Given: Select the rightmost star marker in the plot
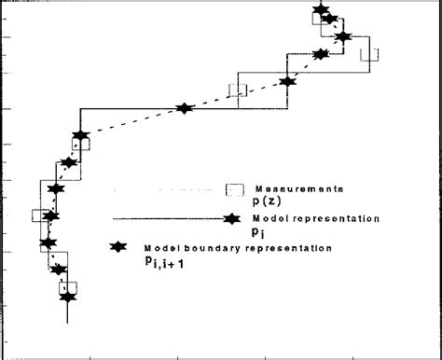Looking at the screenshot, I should pyautogui.click(x=344, y=37).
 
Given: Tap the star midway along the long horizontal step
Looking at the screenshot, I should pyautogui.click(x=184, y=108).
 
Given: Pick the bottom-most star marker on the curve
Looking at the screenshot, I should pyautogui.click(x=67, y=298).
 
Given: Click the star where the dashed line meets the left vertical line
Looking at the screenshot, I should pyautogui.click(x=80, y=136).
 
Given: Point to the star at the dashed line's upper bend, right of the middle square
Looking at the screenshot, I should pyautogui.click(x=287, y=82).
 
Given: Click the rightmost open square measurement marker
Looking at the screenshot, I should pyautogui.click(x=370, y=53).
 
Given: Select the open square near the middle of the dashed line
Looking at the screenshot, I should pyautogui.click(x=239, y=90).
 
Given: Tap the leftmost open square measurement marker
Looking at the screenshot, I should pyautogui.click(x=38, y=215).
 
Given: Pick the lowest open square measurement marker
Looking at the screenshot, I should pyautogui.click(x=71, y=287).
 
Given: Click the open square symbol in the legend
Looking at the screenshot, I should pyautogui.click(x=236, y=189).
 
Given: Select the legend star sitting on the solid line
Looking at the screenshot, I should pyautogui.click(x=228, y=221).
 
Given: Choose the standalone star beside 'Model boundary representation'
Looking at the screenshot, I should pyautogui.click(x=118, y=249).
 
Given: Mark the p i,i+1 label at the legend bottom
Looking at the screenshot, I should pyautogui.click(x=171, y=264).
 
